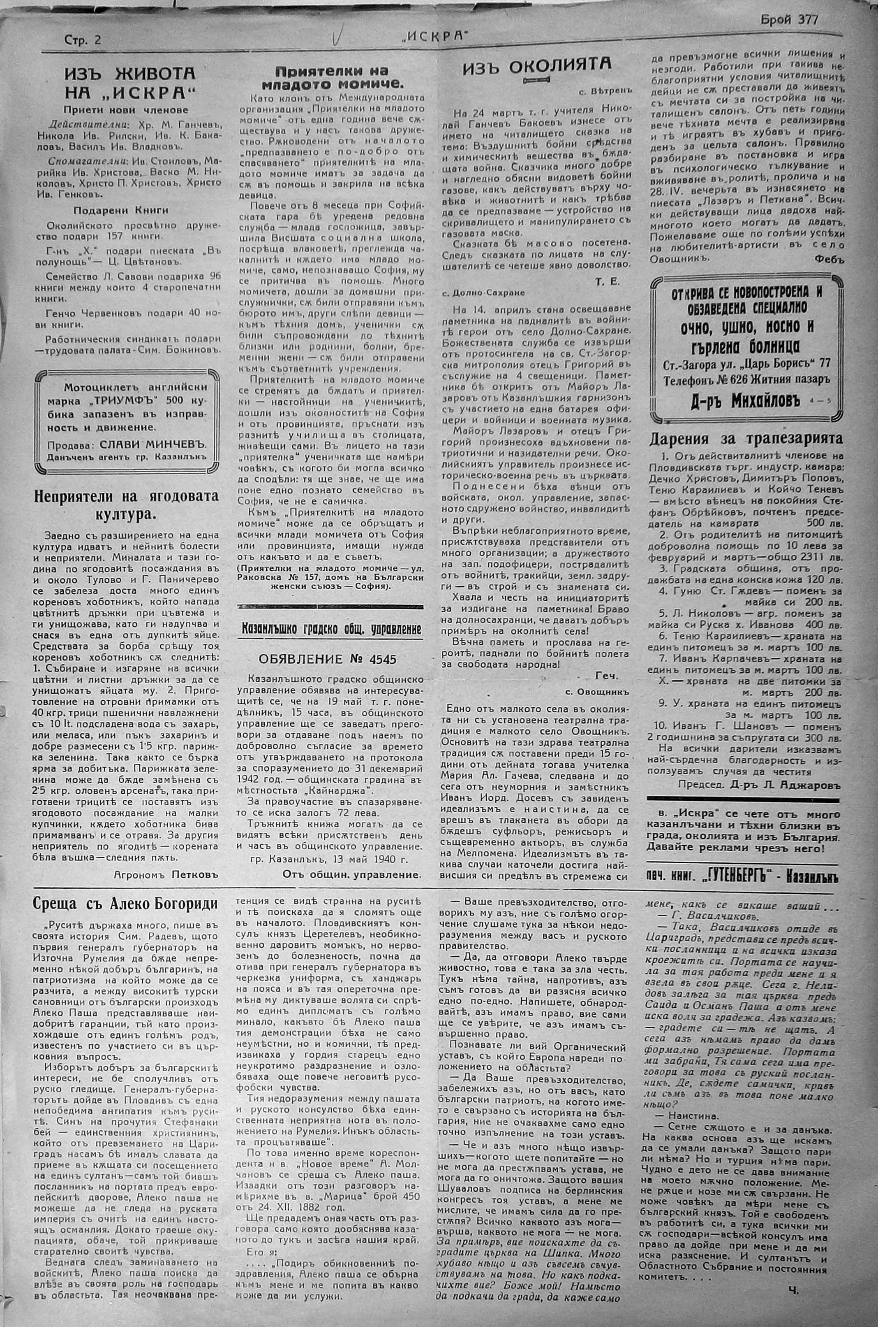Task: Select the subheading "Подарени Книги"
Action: (x=121, y=210)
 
